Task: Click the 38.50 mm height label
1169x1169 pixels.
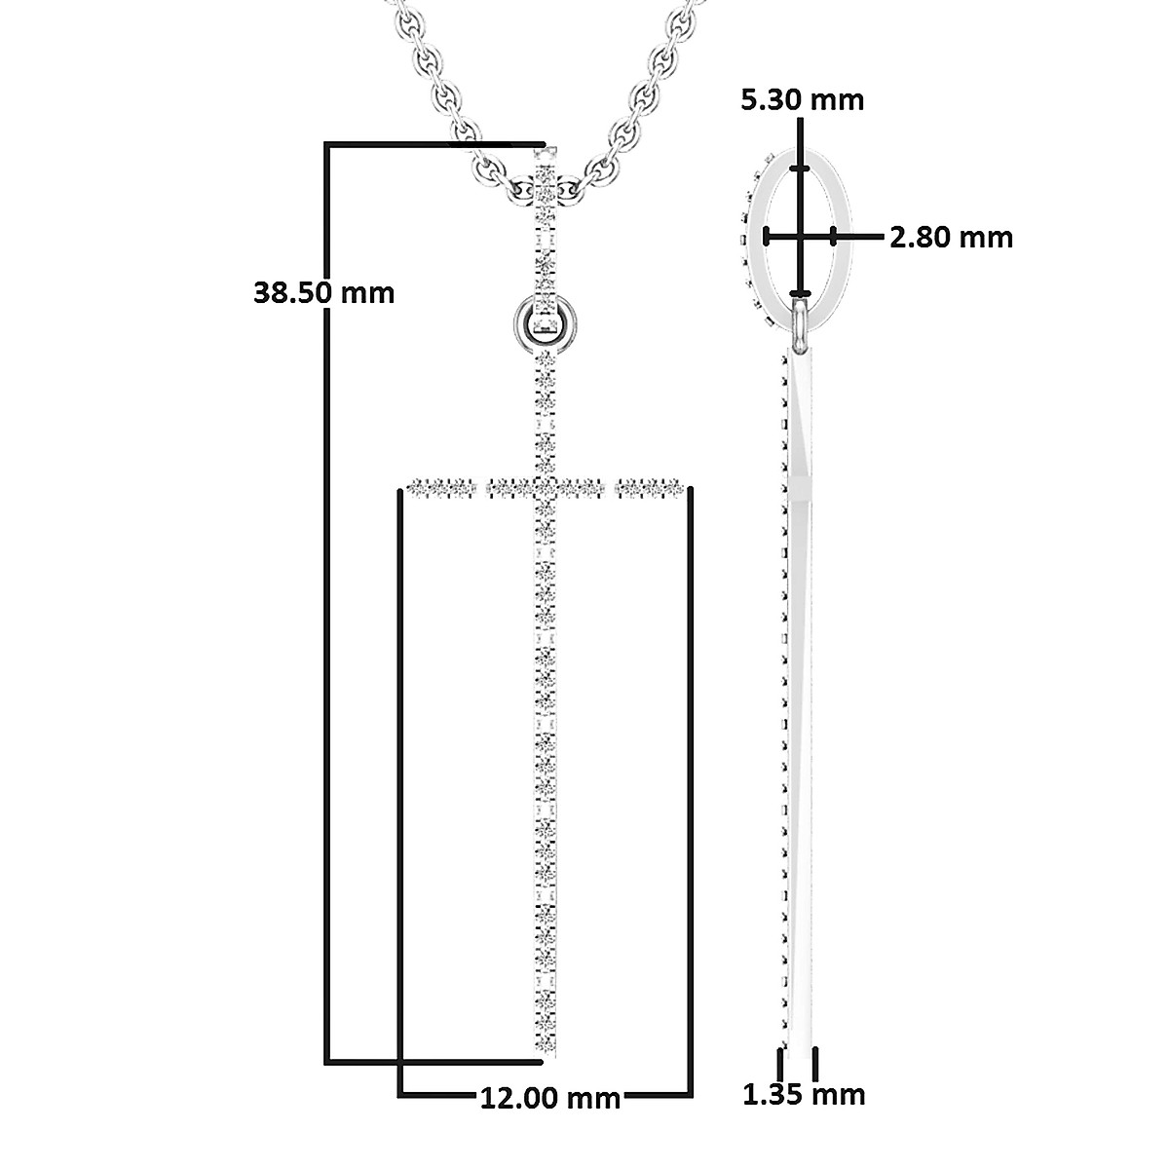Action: [x=323, y=291]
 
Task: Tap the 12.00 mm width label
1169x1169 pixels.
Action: [x=550, y=1098]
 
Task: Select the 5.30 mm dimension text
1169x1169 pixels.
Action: [x=802, y=99]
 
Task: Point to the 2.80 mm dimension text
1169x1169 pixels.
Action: [x=951, y=237]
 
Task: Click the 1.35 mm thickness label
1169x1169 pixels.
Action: [x=804, y=1094]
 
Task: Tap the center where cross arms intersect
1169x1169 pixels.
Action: [x=547, y=485]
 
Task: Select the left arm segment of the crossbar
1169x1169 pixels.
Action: [x=444, y=485]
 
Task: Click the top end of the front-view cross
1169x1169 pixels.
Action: [x=547, y=152]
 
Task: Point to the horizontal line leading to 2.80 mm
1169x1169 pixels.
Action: [x=859, y=235]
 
